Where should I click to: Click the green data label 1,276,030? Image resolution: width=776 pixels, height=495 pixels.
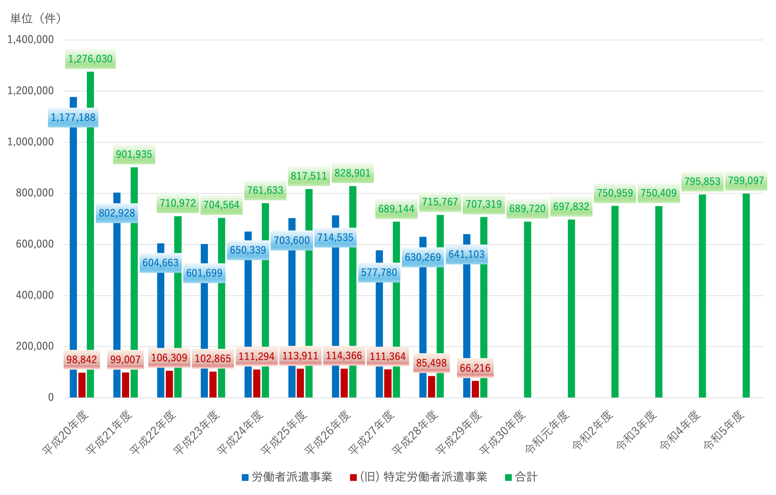90,59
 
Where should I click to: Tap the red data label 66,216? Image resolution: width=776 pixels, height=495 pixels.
475,368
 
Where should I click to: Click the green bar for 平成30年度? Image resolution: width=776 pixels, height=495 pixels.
528,309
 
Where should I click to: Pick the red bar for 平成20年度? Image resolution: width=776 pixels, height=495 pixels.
82,385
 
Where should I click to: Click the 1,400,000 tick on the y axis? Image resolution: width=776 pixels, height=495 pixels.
31,40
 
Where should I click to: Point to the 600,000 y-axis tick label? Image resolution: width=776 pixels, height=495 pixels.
35,244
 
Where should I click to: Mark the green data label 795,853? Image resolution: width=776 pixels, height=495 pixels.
702,181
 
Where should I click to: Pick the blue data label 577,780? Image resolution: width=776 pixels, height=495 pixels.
379,273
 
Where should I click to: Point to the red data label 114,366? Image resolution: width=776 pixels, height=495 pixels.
344,356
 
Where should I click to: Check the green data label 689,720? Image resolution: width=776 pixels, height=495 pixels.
527,209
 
